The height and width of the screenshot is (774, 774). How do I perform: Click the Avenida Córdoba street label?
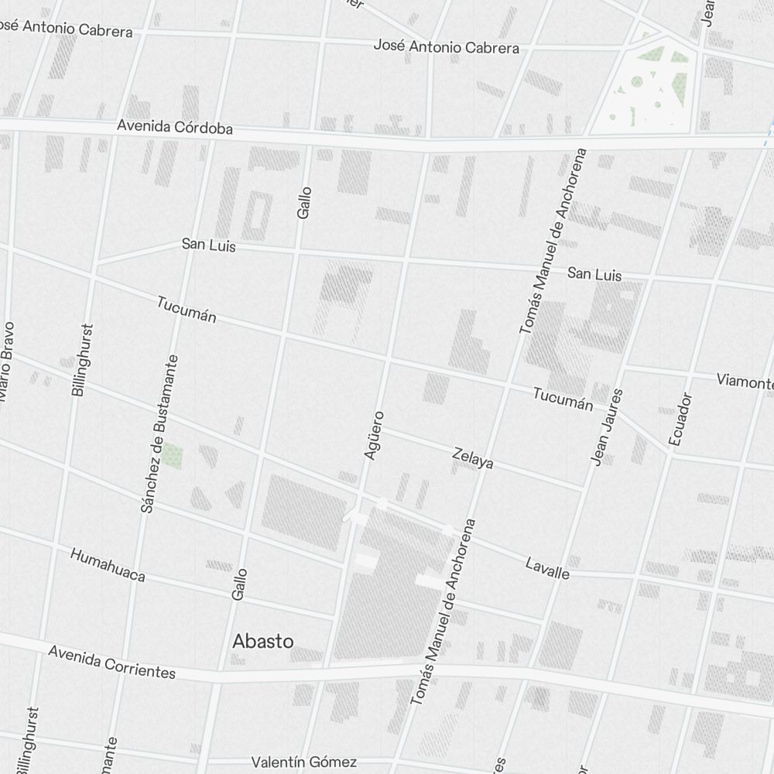pyautogui.click(x=175, y=127)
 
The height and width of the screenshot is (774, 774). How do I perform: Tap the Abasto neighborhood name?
pyautogui.click(x=263, y=641)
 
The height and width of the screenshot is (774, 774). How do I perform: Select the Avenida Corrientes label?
pyautogui.click(x=112, y=661)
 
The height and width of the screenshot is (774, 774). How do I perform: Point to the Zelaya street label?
pyautogui.click(x=473, y=457)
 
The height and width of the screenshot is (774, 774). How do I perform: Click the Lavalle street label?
pyautogui.click(x=547, y=568)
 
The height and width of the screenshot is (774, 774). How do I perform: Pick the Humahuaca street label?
pyautogui.click(x=108, y=565)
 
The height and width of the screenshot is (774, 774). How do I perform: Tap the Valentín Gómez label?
pyautogui.click(x=304, y=762)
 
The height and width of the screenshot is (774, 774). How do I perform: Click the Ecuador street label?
pyautogui.click(x=680, y=420)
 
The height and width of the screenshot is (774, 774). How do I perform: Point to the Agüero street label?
pyautogui.click(x=374, y=435)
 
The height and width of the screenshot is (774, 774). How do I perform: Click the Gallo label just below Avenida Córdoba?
pyautogui.click(x=303, y=202)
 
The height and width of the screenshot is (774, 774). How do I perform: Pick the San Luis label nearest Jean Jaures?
pyautogui.click(x=594, y=274)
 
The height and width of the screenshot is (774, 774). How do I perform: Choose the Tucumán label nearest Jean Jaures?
pyautogui.click(x=563, y=399)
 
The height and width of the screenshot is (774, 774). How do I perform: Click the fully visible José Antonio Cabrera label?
pyautogui.click(x=447, y=46)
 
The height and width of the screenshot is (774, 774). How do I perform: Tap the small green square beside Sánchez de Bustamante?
pyautogui.click(x=172, y=455)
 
